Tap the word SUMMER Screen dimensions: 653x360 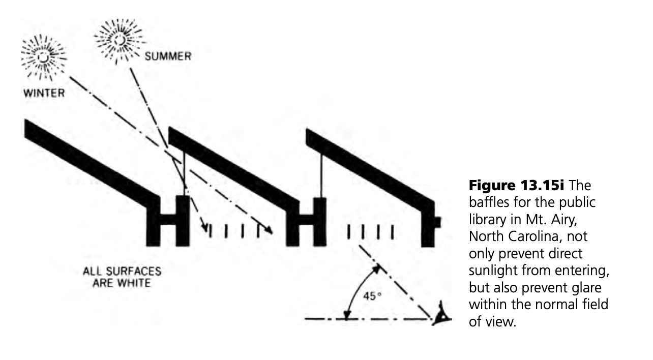pyautogui.click(x=168, y=56)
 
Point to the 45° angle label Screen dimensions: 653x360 pyautogui.click(x=370, y=296)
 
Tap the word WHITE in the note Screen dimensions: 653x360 pyautogui.click(x=135, y=283)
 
